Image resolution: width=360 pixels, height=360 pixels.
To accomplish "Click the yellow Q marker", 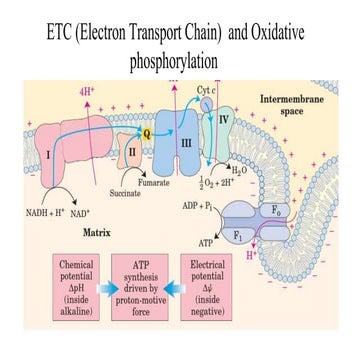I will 148,130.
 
